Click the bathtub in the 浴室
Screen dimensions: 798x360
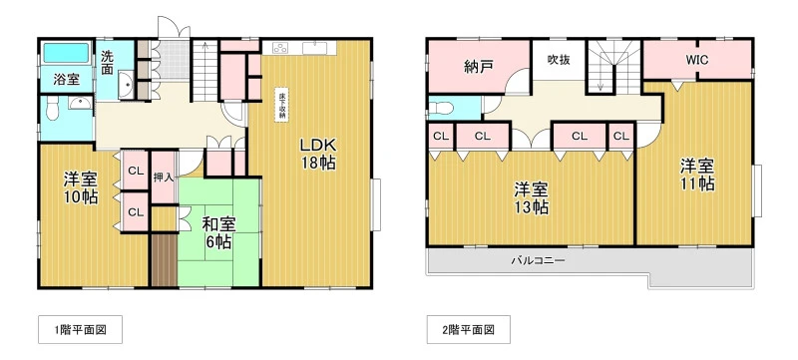[66, 53]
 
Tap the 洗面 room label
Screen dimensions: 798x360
[107, 62]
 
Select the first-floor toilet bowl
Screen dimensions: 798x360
[53, 110]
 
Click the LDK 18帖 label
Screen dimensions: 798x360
[317, 154]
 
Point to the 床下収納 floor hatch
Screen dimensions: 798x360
[281, 106]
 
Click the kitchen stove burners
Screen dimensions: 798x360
[280, 48]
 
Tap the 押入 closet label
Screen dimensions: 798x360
[164, 178]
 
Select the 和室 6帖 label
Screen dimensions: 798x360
[218, 232]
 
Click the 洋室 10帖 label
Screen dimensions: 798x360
[81, 188]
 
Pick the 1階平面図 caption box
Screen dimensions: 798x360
[81, 329]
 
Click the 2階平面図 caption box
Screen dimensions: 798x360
[468, 329]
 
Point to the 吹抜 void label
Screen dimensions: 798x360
[559, 60]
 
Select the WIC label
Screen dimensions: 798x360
[696, 60]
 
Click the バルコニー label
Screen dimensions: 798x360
[538, 261]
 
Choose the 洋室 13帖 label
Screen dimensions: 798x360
[531, 198]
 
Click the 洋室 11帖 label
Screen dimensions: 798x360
[697, 175]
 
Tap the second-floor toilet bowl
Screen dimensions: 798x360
[440, 108]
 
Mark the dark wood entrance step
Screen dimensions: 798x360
[164, 260]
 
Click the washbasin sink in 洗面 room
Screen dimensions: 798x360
[126, 86]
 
